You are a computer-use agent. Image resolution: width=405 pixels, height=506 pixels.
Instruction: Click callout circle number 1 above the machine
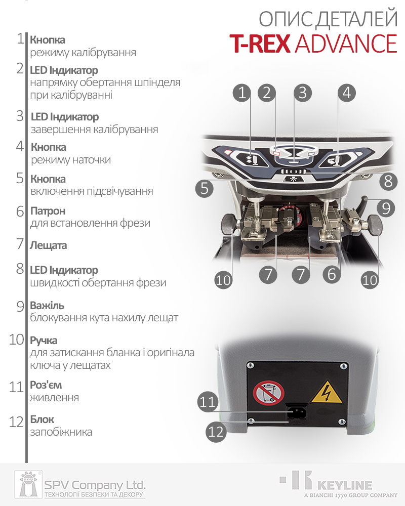click(242, 93)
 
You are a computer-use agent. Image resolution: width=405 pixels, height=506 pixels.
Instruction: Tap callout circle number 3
click(303, 93)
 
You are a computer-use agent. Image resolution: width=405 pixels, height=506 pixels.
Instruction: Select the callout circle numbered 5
click(205, 188)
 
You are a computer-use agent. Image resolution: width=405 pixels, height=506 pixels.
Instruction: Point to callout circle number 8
click(388, 181)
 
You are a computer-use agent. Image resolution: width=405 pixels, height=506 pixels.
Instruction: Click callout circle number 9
click(386, 208)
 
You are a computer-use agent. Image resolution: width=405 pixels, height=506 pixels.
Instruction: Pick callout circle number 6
click(332, 274)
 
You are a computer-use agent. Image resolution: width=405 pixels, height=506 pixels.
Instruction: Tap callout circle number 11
click(207, 402)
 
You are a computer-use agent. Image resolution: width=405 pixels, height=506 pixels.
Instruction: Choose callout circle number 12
click(216, 432)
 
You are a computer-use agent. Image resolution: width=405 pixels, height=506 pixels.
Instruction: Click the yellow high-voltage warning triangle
click(327, 392)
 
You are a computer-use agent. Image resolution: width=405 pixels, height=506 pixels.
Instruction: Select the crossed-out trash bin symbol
click(268, 393)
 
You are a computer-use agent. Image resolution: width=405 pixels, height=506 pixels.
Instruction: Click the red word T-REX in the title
click(260, 44)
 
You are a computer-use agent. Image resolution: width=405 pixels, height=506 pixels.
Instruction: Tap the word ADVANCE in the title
click(346, 44)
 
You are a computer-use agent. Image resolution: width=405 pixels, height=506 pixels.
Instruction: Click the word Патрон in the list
click(48, 211)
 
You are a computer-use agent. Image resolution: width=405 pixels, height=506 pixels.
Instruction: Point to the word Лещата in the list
click(49, 245)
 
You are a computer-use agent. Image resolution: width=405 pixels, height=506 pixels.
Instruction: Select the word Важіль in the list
click(47, 305)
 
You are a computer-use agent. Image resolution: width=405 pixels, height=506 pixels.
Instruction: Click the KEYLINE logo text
click(345, 485)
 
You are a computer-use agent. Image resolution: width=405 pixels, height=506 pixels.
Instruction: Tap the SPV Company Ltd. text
click(95, 485)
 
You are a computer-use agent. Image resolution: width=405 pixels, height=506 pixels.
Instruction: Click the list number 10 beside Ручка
click(17, 340)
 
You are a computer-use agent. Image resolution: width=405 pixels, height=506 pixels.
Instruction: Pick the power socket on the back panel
click(297, 412)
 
